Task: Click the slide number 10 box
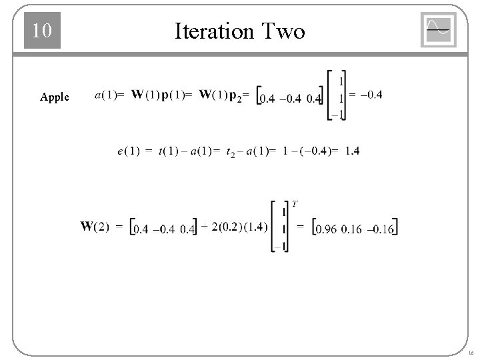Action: pyautogui.click(x=42, y=31)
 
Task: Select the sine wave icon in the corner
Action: pyautogui.click(x=438, y=30)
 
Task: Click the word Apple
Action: pyautogui.click(x=54, y=97)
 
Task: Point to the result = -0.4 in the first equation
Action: pyautogui.click(x=366, y=95)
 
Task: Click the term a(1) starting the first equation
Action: pyautogui.click(x=107, y=95)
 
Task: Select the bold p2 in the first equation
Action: pyautogui.click(x=235, y=97)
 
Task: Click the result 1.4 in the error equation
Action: pyautogui.click(x=353, y=151)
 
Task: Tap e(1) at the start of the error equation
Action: pyautogui.click(x=128, y=152)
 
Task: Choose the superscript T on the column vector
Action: pyautogui.click(x=295, y=203)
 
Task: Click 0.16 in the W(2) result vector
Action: pyautogui.click(x=351, y=229)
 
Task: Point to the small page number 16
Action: pyautogui.click(x=471, y=352)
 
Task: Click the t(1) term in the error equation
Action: pyautogui.click(x=171, y=152)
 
